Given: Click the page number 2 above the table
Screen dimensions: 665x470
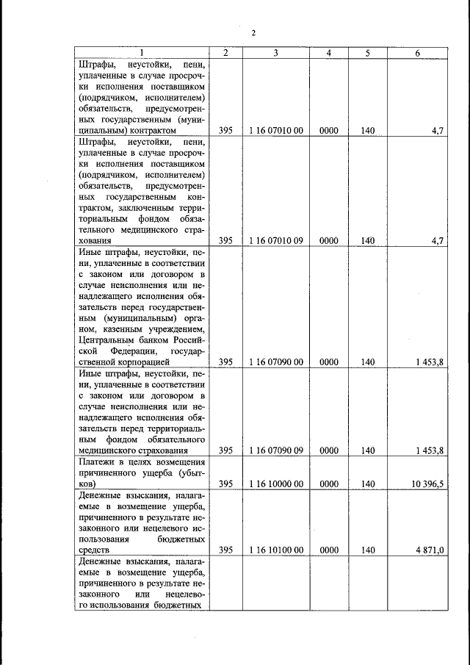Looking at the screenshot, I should click(253, 33).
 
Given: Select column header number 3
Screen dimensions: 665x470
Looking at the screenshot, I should click(275, 53).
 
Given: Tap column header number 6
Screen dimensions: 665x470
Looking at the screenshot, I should click(417, 53).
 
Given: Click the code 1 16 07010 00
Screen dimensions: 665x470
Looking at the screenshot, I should click(275, 130).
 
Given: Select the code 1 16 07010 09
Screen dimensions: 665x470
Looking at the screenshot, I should click(275, 240).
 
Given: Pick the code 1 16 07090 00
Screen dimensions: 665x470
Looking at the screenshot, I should click(275, 362).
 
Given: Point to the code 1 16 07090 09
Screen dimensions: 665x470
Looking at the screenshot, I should click(275, 450).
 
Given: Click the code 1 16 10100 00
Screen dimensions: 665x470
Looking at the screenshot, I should click(275, 550).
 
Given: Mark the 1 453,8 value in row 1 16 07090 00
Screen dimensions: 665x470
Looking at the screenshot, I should click(429, 362).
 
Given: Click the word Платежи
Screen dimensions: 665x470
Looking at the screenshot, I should click(98, 461).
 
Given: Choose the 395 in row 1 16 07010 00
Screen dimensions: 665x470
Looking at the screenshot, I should click(225, 130).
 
